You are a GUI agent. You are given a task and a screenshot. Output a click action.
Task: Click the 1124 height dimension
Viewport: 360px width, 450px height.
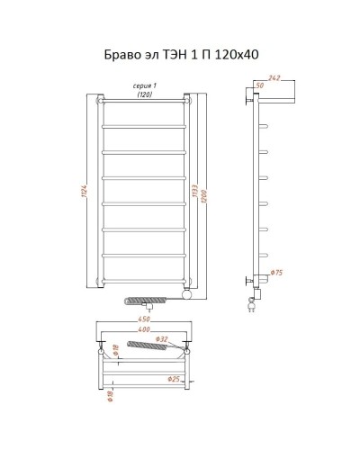click(84, 190)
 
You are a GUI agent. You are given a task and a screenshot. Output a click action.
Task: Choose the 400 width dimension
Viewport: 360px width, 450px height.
click(144, 329)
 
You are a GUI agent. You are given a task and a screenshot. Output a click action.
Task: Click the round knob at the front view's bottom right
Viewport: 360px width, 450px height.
click(186, 293)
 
